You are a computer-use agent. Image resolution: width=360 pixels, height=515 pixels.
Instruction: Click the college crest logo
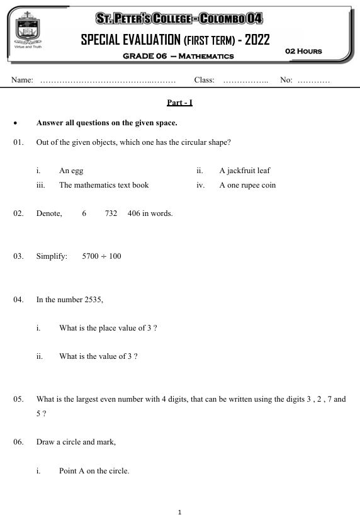pyautogui.click(x=26, y=30)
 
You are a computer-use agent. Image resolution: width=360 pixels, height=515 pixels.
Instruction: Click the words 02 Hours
pyautogui.click(x=303, y=50)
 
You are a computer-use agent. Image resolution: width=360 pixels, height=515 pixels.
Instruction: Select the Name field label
pyautogui.click(x=21, y=81)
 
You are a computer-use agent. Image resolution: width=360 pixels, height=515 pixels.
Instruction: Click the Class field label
pyautogui.click(x=205, y=81)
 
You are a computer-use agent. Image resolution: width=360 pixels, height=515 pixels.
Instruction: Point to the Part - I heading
pyautogui.click(x=179, y=102)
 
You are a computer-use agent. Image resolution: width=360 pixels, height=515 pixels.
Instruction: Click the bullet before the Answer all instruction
pyautogui.click(x=14, y=123)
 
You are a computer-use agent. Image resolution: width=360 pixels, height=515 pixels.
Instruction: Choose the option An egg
pyautogui.click(x=71, y=170)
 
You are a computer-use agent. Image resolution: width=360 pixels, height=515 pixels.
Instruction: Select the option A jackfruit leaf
pyautogui.click(x=245, y=170)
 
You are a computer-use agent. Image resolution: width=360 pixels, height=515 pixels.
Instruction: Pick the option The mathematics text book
pyautogui.click(x=104, y=185)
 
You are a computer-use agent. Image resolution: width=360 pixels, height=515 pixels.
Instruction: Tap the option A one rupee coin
pyautogui.click(x=247, y=185)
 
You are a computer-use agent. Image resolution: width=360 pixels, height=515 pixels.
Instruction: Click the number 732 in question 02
pyautogui.click(x=111, y=213)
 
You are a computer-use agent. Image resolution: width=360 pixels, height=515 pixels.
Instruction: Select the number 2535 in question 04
pyautogui.click(x=93, y=299)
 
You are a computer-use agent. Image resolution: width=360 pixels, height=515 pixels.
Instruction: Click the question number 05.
pyautogui.click(x=18, y=399)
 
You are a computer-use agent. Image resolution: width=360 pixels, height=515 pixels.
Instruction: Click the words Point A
pyautogui.click(x=76, y=471)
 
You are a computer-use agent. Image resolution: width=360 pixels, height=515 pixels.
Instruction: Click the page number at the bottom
pyautogui.click(x=180, y=512)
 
